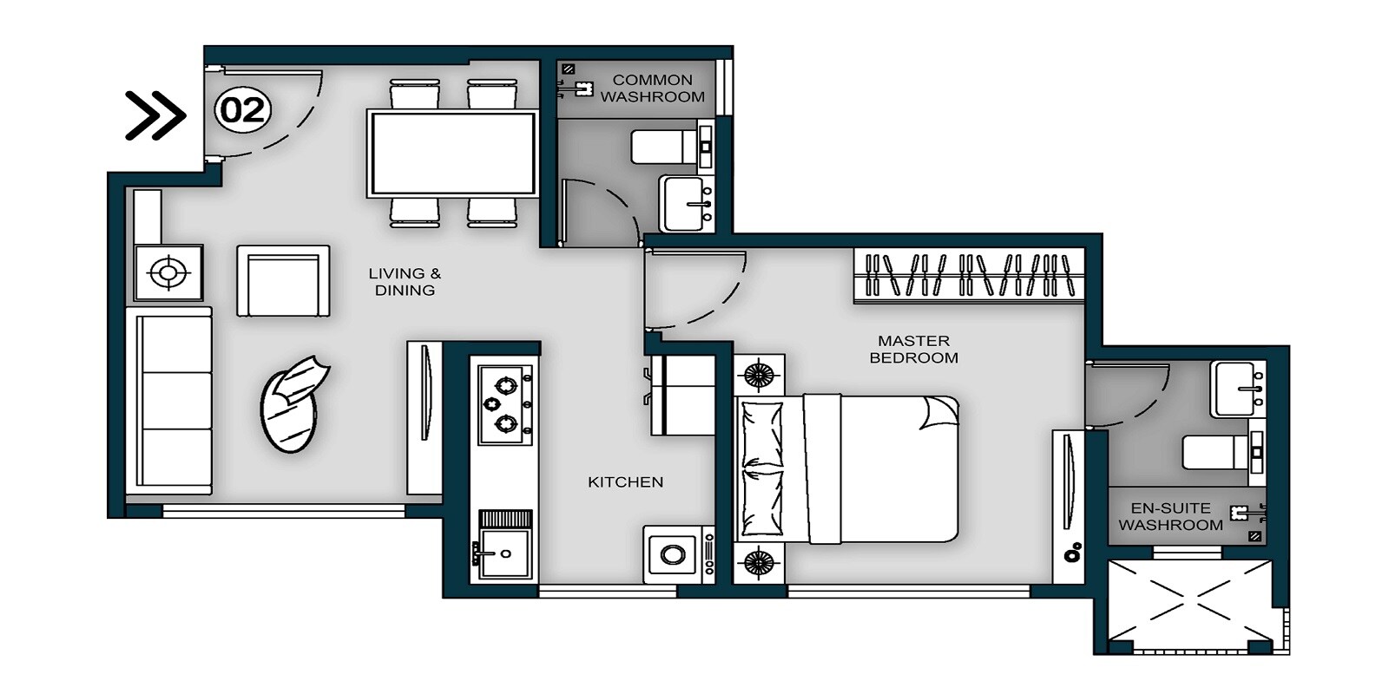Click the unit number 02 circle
pyautogui.click(x=243, y=110)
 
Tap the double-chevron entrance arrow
pyautogui.click(x=155, y=115)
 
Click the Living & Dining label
pyautogui.click(x=405, y=282)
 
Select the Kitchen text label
pyautogui.click(x=625, y=482)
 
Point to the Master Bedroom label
pyautogui.click(x=913, y=349)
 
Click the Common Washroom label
pyautogui.click(x=652, y=88)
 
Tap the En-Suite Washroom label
pyautogui.click(x=1170, y=517)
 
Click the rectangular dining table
pyautogui.click(x=451, y=153)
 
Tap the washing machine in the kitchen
pyautogui.click(x=673, y=553)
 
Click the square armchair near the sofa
pyautogui.click(x=283, y=280)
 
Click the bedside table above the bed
pyautogui.click(x=759, y=375)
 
